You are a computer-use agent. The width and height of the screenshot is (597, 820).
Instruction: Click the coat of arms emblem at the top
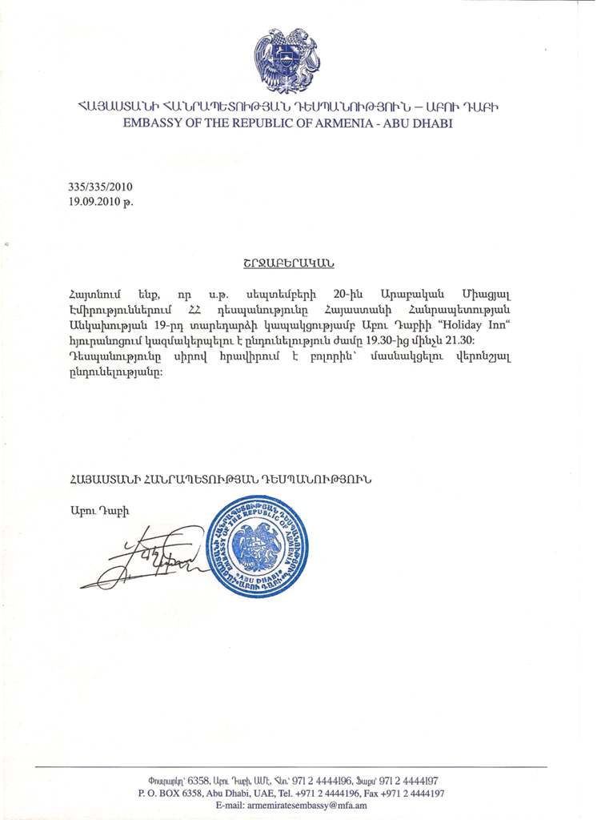(286, 60)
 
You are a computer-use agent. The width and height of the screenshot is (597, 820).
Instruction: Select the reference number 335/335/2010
(100, 187)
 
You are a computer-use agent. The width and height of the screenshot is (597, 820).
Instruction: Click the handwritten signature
(144, 556)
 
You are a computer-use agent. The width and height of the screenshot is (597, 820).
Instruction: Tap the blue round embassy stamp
(257, 546)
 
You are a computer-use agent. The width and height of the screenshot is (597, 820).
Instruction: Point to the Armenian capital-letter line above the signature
(220, 479)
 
